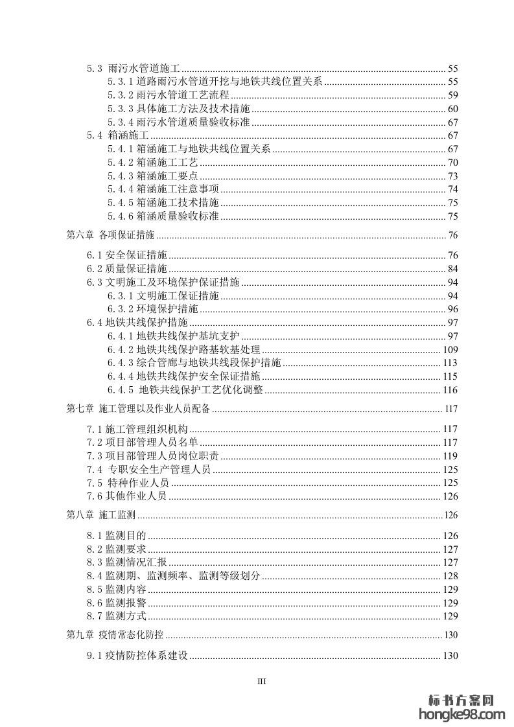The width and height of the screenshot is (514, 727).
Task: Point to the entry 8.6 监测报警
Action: pyautogui.click(x=117, y=603)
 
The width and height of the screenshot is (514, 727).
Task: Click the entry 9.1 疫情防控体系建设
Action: pyautogui.click(x=137, y=656)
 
